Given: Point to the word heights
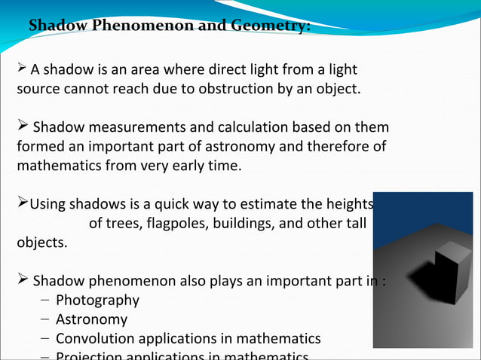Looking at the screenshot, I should point(349,204).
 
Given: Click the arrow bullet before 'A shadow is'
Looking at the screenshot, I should point(22,70).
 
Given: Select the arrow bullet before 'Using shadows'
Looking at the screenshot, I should point(22,203).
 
